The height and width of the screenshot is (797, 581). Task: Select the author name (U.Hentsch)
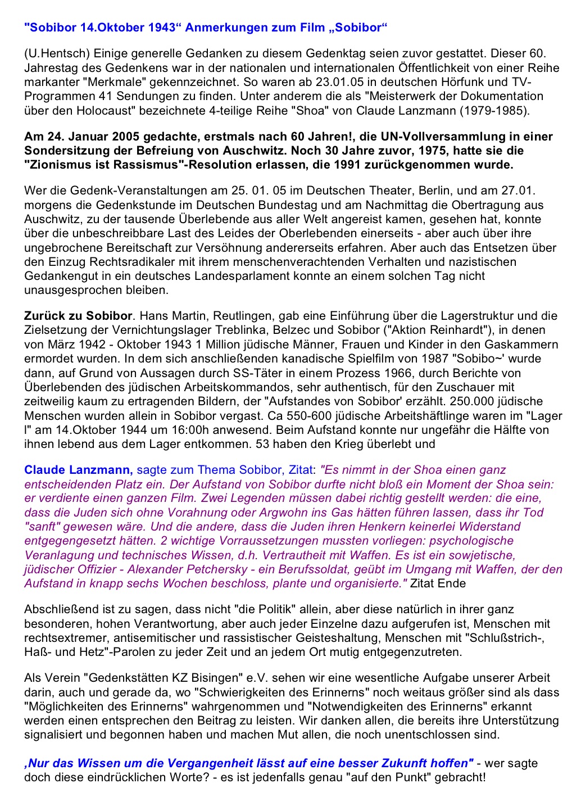pyautogui.click(x=57, y=54)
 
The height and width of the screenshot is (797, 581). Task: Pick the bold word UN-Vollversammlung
pyautogui.click(x=439, y=137)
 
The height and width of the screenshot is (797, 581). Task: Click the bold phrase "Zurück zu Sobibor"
pyautogui.click(x=78, y=316)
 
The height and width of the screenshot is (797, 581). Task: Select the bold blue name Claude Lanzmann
pyautogui.click(x=78, y=470)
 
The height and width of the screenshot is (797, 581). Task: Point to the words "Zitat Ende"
pyautogui.click(x=438, y=583)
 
